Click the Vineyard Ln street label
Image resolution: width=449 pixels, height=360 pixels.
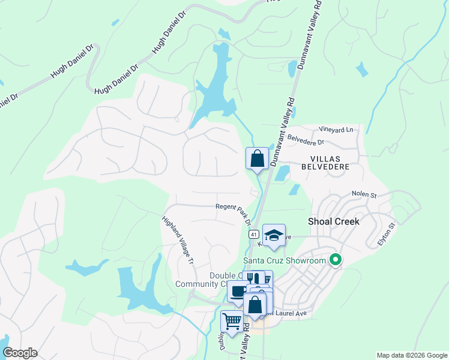pos(336,129)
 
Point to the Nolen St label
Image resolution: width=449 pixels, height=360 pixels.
pos(364,195)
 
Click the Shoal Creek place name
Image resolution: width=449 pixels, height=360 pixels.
pos(333,221)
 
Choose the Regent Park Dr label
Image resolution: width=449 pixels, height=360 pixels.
pos(233,211)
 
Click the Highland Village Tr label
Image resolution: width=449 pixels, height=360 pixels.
pos(178,241)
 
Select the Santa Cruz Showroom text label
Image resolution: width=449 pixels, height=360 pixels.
pos(285,260)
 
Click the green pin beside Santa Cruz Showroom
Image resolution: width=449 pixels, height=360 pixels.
pos(336,260)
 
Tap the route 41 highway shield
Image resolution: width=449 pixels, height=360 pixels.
pos(254,234)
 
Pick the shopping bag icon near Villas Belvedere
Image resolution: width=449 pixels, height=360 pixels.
pos(257,159)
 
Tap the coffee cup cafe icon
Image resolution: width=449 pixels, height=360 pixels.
pos(238,292)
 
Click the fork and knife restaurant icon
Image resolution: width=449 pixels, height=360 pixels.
pos(255,280)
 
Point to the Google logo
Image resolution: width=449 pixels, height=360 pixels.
pos(20,353)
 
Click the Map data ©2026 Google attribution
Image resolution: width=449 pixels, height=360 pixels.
pos(412,355)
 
